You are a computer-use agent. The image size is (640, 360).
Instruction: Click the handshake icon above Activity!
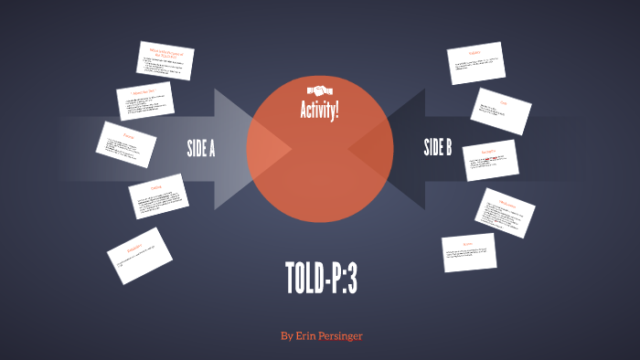[x=320, y=90]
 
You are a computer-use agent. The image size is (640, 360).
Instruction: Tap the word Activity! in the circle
[x=320, y=111]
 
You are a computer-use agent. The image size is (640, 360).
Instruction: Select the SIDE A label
[x=200, y=147]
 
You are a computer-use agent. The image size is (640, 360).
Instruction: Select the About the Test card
[x=145, y=101]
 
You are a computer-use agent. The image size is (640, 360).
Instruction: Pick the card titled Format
[x=126, y=144]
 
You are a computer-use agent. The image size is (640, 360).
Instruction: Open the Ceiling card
[x=158, y=196]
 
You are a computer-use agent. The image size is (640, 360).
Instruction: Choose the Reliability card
[x=139, y=252]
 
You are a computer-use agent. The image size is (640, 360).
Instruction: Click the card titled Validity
[x=476, y=63]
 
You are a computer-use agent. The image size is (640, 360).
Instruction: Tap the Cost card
[x=502, y=110]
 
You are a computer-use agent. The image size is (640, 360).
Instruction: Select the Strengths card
[x=489, y=160]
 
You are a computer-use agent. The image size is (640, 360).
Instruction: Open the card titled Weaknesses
[x=505, y=213]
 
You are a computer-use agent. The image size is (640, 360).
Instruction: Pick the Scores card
[x=468, y=252]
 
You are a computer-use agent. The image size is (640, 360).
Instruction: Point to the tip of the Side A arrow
[x=291, y=148]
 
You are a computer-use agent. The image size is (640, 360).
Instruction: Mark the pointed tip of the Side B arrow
[x=349, y=148]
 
